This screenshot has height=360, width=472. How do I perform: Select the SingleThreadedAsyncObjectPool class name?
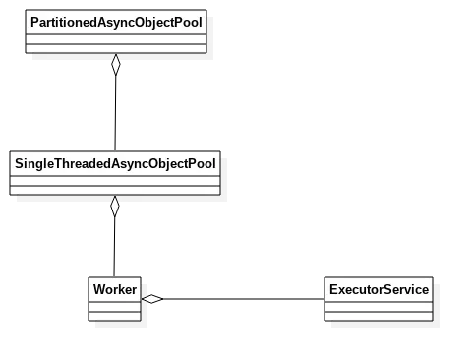click(114, 160)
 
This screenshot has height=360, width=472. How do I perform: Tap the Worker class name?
click(114, 290)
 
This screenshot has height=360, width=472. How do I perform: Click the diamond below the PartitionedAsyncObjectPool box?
click(115, 65)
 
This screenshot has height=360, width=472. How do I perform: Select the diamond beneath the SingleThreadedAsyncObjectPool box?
click(114, 207)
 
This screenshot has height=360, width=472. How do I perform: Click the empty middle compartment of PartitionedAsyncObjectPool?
click(115, 36)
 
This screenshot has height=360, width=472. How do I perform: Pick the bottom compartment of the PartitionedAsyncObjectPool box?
click(115, 47)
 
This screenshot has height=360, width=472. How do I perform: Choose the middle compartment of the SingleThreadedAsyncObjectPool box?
click(114, 178)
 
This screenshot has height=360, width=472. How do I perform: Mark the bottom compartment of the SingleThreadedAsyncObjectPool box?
click(114, 189)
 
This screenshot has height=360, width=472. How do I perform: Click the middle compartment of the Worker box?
click(114, 307)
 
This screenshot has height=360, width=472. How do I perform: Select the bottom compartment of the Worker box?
click(114, 317)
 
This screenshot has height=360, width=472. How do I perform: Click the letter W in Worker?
click(97, 290)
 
